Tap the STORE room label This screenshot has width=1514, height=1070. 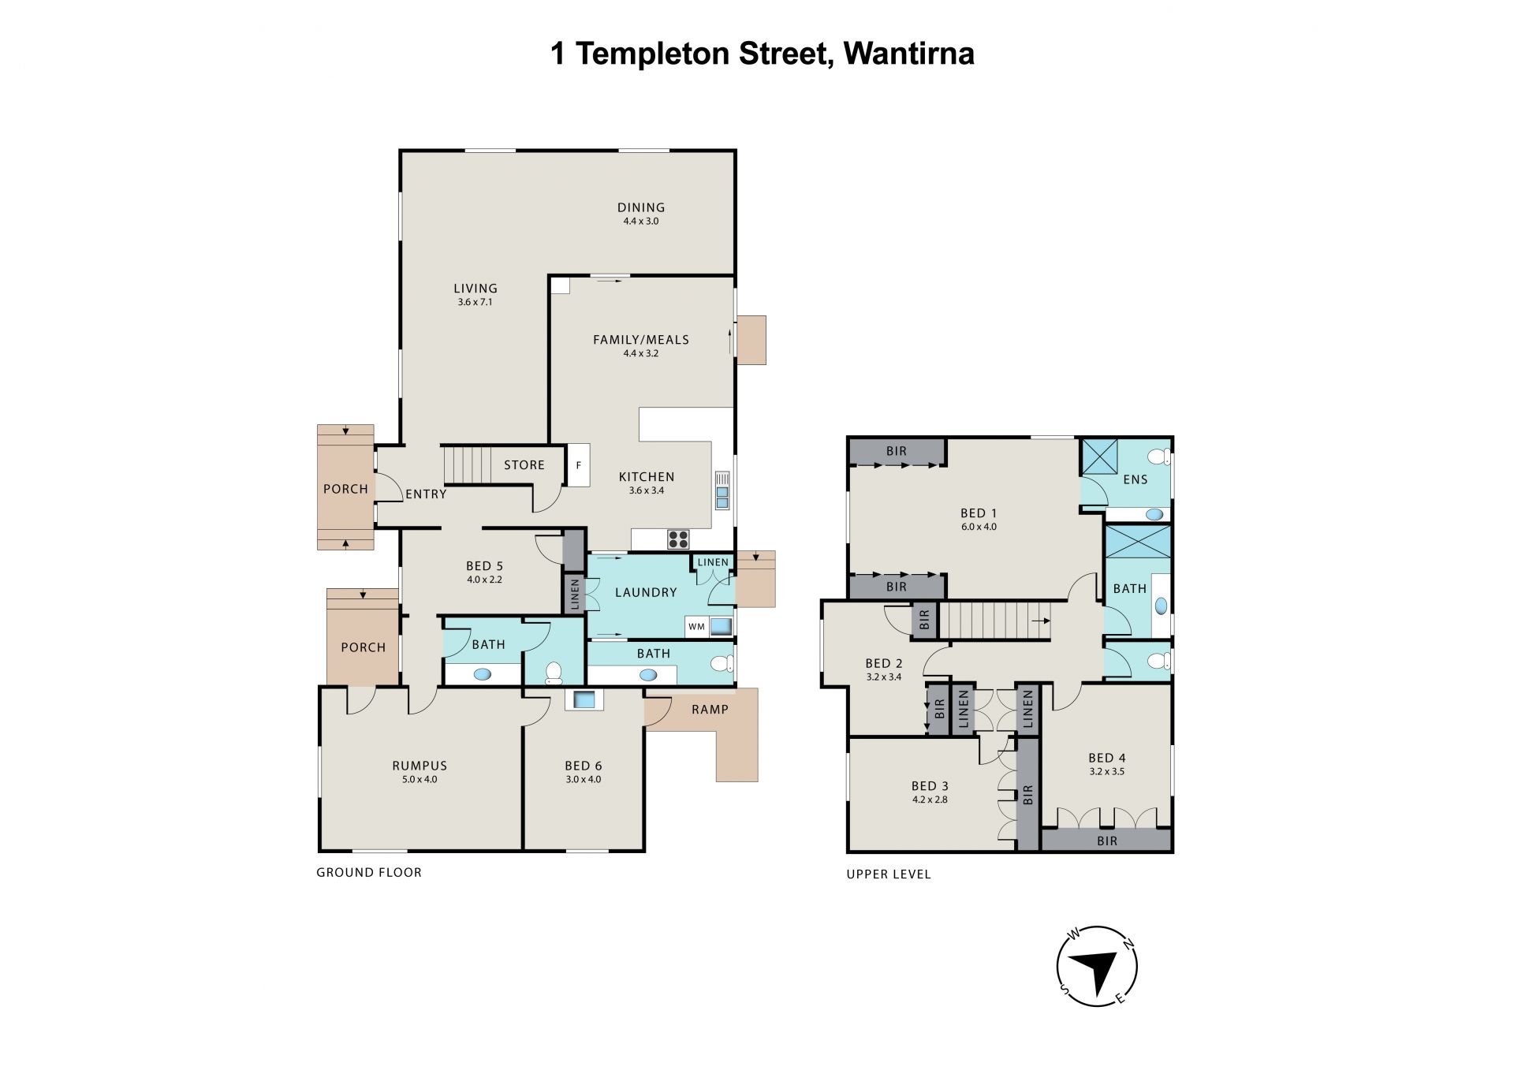[x=524, y=465]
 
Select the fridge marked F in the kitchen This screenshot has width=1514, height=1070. [x=578, y=465]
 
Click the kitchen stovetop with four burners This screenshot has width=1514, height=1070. [x=678, y=539]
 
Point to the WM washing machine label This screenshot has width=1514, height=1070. [x=696, y=627]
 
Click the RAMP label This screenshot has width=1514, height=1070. [x=710, y=710]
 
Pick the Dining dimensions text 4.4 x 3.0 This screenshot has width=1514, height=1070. [x=641, y=222]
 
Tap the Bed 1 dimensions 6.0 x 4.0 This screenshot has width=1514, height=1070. [x=979, y=527]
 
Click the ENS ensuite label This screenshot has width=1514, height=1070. [x=1135, y=479]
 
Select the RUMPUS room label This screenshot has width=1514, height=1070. [x=420, y=766]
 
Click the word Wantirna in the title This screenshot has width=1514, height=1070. [x=909, y=54]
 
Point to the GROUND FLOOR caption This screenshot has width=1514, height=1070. [x=369, y=872]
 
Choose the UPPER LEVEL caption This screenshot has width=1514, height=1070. [x=889, y=874]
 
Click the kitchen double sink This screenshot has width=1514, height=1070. [x=722, y=490]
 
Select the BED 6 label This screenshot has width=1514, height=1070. [x=584, y=766]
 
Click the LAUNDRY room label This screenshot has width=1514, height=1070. [x=646, y=593]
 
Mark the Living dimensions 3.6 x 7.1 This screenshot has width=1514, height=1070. [x=475, y=302]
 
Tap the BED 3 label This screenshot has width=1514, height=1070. [x=930, y=786]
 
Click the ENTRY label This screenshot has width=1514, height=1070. [x=426, y=494]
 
